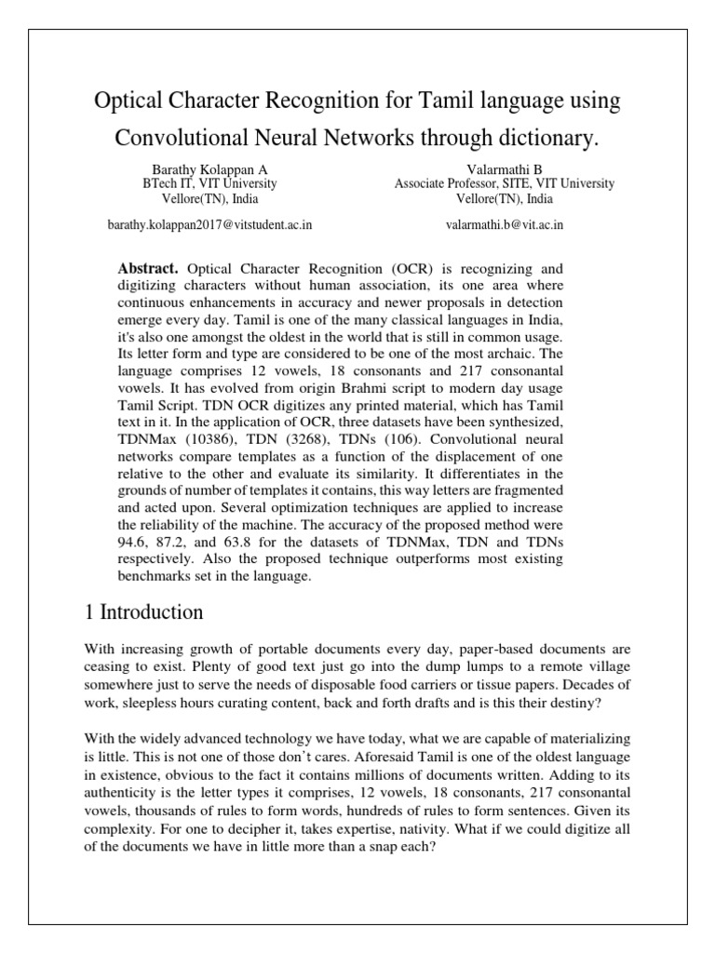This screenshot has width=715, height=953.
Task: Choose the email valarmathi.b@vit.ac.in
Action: click(505, 224)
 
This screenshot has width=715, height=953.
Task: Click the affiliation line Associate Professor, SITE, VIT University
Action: click(504, 184)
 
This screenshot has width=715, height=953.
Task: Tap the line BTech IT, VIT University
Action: click(195, 184)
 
